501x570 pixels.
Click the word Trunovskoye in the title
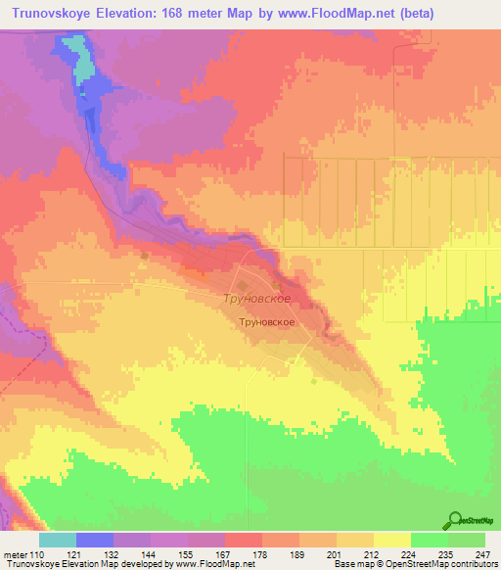tap(57, 14)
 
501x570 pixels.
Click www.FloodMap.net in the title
tap(330, 14)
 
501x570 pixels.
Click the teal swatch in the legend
tap(58, 539)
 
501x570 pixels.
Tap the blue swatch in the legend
tap(95, 539)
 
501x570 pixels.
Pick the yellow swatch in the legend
tap(391, 539)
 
